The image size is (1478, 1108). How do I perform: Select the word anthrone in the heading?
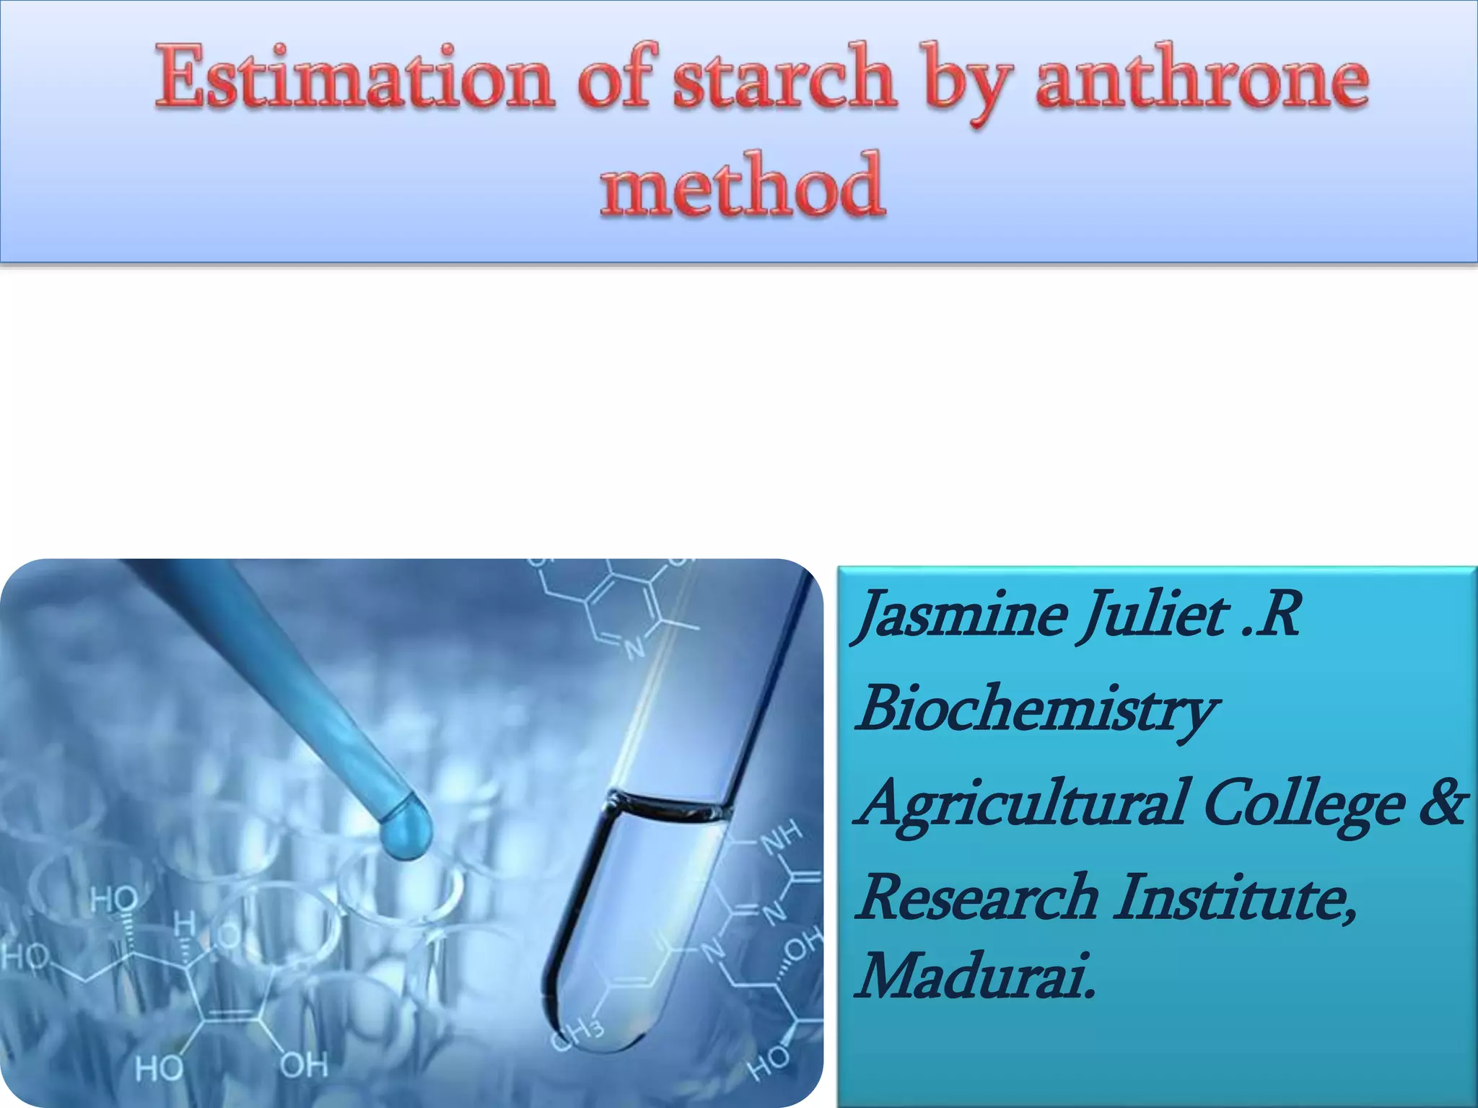click(x=1202, y=79)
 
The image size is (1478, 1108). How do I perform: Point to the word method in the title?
click(x=742, y=186)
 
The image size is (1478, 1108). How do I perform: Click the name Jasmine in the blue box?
click(x=963, y=615)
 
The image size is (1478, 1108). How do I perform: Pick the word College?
click(x=1303, y=805)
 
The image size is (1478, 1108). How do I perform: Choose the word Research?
click(x=979, y=897)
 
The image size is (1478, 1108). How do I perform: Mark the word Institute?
click(x=1234, y=897)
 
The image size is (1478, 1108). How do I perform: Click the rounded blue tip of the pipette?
click(x=407, y=827)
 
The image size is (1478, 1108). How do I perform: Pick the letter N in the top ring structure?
click(x=635, y=648)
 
